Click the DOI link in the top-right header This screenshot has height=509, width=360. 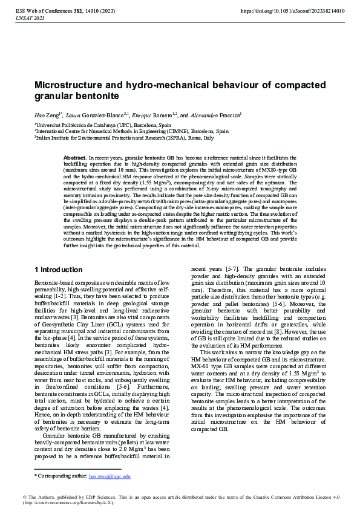292,11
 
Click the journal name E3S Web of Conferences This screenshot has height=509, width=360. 40,11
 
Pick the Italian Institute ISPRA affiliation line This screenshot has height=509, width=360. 124,137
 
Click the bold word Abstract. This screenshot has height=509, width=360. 74,157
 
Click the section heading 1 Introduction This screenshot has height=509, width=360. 58,270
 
